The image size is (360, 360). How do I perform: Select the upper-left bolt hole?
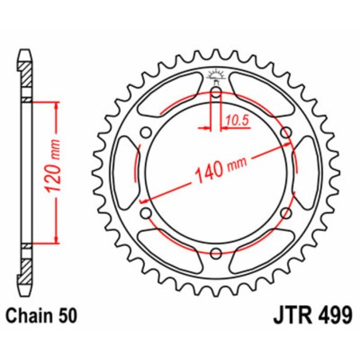click(147, 133)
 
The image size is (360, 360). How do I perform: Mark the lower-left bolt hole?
click(147, 213)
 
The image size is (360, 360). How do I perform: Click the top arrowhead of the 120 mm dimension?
click(57, 104)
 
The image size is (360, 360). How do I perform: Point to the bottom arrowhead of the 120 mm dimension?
click(57, 241)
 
